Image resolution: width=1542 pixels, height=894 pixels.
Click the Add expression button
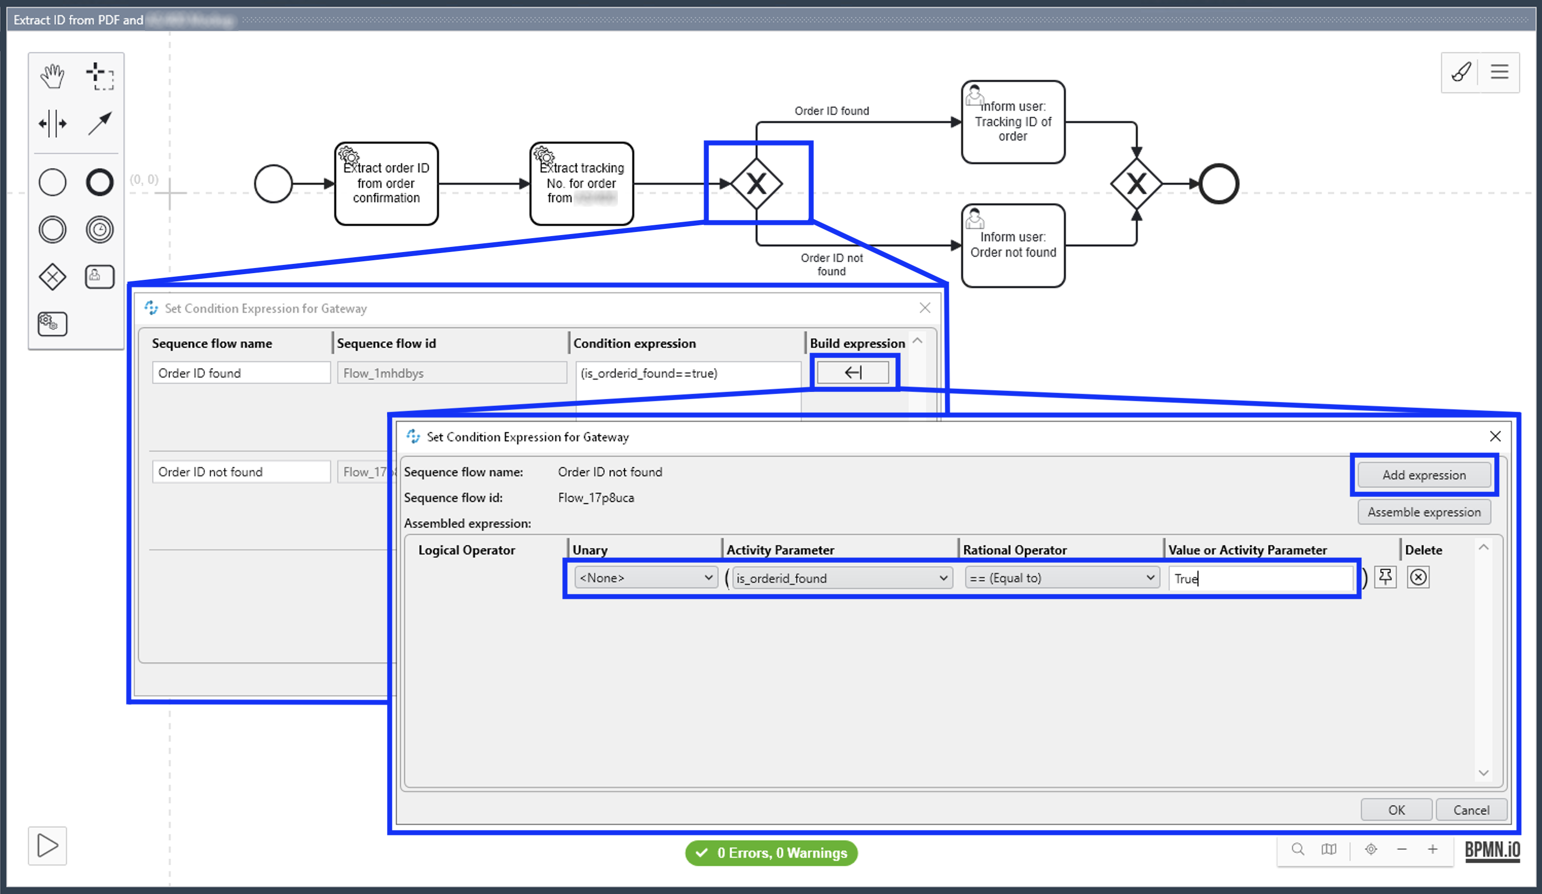click(1424, 475)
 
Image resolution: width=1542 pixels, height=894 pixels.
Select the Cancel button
click(1471, 810)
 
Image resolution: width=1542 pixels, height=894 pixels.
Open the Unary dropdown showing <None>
click(646, 578)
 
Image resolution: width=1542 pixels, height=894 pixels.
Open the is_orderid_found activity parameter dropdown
click(842, 578)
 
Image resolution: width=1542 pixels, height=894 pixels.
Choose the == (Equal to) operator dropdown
click(1061, 578)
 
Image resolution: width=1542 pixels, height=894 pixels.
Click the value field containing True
click(1260, 578)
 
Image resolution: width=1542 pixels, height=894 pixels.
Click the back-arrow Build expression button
click(853, 372)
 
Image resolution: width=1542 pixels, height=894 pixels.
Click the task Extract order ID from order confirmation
click(387, 184)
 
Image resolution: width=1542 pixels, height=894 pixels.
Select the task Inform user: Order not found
click(1013, 245)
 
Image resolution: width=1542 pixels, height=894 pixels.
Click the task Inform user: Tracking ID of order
click(1013, 122)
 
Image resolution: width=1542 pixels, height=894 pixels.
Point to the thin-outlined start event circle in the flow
click(273, 184)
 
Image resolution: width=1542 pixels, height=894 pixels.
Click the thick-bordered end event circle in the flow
click(1218, 184)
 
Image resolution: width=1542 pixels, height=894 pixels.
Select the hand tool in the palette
click(52, 76)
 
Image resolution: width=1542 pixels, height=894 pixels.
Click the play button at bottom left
click(47, 846)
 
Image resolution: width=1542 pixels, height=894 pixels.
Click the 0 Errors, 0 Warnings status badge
click(771, 852)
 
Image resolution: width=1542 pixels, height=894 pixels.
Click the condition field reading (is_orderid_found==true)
click(687, 373)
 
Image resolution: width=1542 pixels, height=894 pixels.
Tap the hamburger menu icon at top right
click(1499, 72)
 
